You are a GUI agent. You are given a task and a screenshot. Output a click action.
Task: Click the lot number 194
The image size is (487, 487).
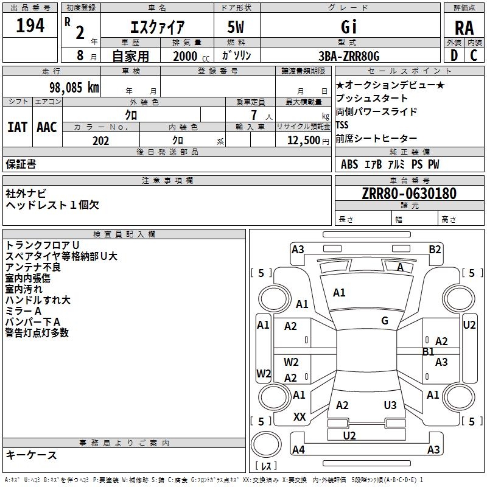pos(30,26)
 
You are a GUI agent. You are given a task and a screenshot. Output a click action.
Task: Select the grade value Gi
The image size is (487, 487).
pos(349,27)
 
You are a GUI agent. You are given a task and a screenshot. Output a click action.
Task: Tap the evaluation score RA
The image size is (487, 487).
pos(464,28)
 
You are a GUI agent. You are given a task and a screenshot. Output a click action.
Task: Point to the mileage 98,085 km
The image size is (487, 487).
pos(74,88)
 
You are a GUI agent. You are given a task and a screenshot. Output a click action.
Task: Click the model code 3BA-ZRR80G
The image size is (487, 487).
pos(349,56)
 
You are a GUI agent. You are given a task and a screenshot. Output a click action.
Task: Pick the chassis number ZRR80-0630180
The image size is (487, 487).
pos(409,194)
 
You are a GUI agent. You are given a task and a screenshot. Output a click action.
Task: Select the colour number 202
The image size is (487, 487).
pos(100,141)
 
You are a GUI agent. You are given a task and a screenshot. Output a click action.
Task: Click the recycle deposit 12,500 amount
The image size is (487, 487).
pos(303,141)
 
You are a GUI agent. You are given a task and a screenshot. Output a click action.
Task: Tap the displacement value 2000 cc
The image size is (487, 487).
pos(191,57)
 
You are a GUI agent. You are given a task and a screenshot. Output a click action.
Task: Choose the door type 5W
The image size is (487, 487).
pos(236,27)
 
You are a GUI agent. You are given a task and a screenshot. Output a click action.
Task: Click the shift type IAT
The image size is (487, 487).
pos(17,127)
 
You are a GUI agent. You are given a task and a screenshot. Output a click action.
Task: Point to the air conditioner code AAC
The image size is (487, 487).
pos(47,127)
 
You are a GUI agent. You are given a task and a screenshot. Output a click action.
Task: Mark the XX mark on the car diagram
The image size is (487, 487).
pos(300,417)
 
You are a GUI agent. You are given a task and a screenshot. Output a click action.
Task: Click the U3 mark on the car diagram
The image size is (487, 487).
pos(390,405)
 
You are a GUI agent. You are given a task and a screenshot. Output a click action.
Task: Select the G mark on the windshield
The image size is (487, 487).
pos(385,321)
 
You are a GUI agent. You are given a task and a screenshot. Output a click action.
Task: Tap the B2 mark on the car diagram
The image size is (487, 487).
pos(435,250)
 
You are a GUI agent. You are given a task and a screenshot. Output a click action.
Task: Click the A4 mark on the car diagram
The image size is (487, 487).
pos(298,449)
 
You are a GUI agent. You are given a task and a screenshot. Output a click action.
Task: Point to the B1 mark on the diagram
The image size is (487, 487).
pos(429,352)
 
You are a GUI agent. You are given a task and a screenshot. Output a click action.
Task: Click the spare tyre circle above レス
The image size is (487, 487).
pos(266,444)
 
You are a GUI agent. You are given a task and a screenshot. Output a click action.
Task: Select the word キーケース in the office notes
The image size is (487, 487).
pos(31,455)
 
